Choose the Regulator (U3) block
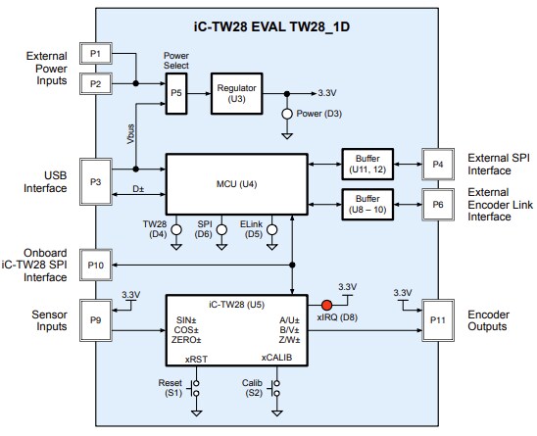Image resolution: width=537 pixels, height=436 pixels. click(x=238, y=95)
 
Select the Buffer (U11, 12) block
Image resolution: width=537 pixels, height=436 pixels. click(x=368, y=162)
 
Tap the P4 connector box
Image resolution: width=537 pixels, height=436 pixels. click(x=435, y=162)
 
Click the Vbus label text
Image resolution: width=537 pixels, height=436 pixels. click(x=130, y=133)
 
